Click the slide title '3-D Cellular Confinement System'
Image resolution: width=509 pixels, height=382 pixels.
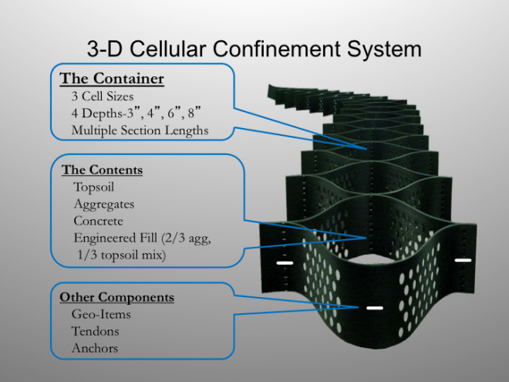coord(254,49)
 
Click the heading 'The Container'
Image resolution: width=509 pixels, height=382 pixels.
coord(112,79)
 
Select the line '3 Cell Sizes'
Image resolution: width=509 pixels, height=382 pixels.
coord(103,96)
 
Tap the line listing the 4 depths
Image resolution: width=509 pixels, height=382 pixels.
coord(136,113)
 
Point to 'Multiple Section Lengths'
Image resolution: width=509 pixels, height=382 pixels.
coord(140,130)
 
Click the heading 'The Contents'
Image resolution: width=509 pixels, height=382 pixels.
coord(102,170)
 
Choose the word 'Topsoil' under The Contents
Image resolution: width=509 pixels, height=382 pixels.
coord(94,187)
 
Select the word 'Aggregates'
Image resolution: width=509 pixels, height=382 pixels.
coord(104,205)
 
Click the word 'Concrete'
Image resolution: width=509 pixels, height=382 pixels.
coord(99,221)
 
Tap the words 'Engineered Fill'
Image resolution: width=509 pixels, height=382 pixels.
coord(115,238)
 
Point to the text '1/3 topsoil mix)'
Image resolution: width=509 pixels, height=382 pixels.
coord(121,255)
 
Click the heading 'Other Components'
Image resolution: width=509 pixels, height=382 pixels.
coord(117,297)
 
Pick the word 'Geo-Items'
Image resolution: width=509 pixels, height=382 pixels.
coord(101,314)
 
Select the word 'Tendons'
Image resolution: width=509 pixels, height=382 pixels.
coord(95,331)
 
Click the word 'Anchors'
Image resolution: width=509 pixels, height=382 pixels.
coord(94,348)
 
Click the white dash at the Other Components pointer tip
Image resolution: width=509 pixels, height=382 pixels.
coord(375,308)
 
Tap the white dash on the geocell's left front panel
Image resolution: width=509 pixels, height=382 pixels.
coord(285,263)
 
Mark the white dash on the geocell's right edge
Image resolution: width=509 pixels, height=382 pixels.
coord(463,260)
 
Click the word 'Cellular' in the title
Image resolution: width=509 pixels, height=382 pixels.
coord(168,49)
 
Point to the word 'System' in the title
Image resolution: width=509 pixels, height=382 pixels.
coord(384,49)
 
